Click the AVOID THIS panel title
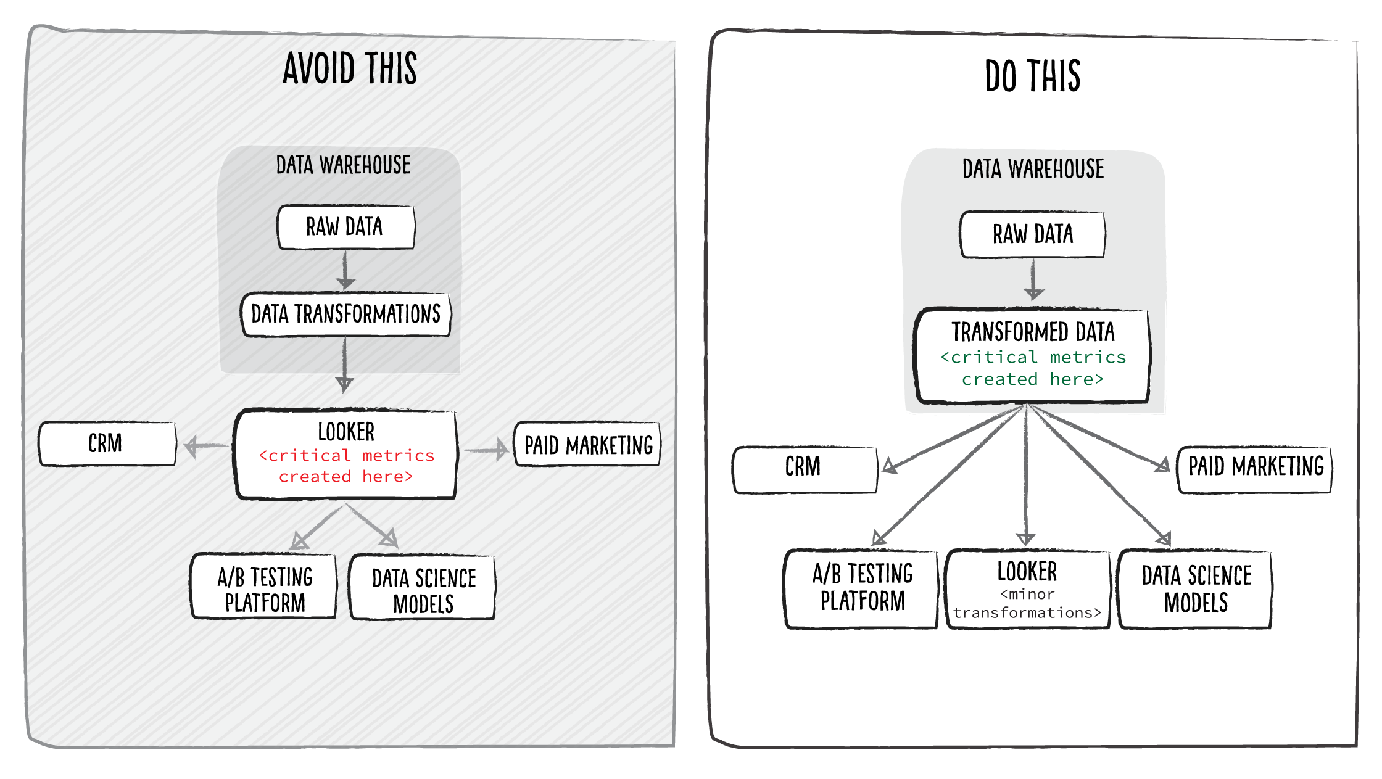[350, 68]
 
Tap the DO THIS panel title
[1032, 76]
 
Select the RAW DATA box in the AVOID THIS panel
[345, 227]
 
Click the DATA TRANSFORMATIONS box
[345, 315]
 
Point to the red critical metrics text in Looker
[346, 466]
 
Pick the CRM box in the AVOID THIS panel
[107, 443]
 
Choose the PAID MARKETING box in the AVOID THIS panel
[587, 445]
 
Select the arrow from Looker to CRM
[205, 445]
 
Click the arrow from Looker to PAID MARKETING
[486, 450]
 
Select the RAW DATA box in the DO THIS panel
[1032, 234]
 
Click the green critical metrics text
[1033, 368]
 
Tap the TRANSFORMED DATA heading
[1033, 332]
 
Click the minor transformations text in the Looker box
[1027, 604]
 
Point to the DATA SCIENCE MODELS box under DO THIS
[1196, 589]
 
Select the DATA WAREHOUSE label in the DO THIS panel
[1033, 169]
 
